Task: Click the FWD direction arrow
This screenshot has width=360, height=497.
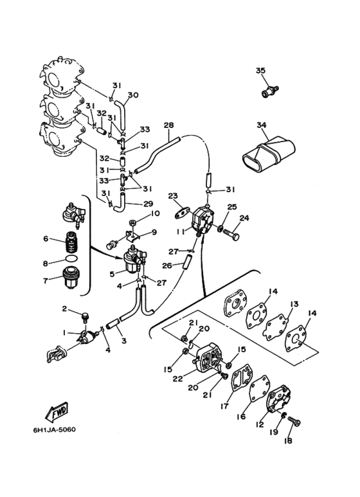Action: (x=57, y=411)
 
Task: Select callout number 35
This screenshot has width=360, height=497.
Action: (x=260, y=70)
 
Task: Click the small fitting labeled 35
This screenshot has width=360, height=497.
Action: (x=270, y=91)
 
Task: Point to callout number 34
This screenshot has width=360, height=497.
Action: (x=262, y=125)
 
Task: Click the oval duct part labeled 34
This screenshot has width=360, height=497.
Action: (x=269, y=154)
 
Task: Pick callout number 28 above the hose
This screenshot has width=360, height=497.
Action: (x=169, y=125)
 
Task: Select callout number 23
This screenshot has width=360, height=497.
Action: (x=173, y=196)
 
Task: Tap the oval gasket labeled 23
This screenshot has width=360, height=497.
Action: (x=182, y=213)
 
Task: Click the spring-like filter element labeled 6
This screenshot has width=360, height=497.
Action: (x=73, y=242)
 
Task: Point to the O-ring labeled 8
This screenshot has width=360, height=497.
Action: (x=71, y=258)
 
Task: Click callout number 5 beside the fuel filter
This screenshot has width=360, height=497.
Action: (x=112, y=273)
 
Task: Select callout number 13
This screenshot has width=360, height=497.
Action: (x=294, y=304)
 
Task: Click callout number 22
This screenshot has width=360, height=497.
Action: (x=178, y=379)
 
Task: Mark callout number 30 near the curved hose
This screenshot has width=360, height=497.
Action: (x=134, y=95)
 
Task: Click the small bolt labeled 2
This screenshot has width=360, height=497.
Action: (x=85, y=317)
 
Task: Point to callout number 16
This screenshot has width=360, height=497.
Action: (x=241, y=416)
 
